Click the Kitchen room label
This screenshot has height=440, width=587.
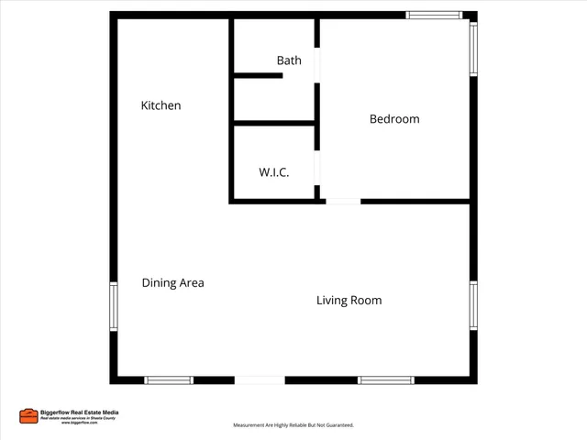click(x=161, y=105)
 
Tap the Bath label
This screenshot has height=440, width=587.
click(x=289, y=60)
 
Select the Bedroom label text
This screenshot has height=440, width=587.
click(x=394, y=119)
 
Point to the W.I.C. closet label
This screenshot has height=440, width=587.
click(x=273, y=172)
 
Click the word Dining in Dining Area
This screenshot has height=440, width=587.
click(x=159, y=283)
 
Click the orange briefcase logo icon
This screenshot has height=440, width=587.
click(x=28, y=416)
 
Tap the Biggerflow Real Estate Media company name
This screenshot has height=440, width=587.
click(x=80, y=412)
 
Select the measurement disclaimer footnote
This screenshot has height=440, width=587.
click(x=293, y=425)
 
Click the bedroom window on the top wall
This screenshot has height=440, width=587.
click(x=435, y=15)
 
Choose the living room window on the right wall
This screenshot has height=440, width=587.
click(x=473, y=304)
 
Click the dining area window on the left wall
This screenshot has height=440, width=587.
click(x=114, y=306)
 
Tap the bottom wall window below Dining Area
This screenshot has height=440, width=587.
click(x=169, y=379)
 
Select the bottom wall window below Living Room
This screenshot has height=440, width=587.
click(x=385, y=379)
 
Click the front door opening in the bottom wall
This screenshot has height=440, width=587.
click(x=260, y=379)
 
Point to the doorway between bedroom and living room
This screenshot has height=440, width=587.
click(x=343, y=201)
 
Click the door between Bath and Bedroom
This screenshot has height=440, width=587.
click(x=318, y=66)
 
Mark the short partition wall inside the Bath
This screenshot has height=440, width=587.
click(x=258, y=75)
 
